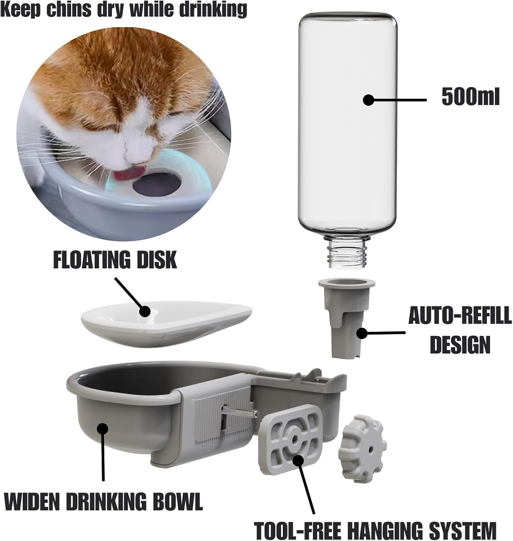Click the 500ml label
[470, 97]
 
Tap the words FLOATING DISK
[115, 259]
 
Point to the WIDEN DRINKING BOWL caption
[104, 501]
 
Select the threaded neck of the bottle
[347, 251]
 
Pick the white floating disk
[166, 324]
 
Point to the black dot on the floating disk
[145, 311]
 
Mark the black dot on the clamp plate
[298, 461]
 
